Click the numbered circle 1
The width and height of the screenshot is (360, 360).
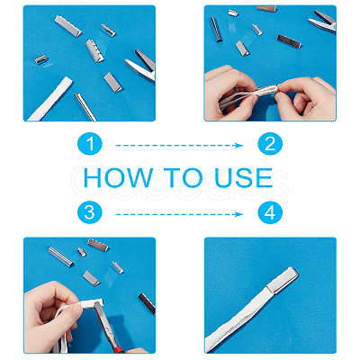pos(90,144)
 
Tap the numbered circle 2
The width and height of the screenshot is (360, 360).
pos(270,144)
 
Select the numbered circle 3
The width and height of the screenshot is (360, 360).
pos(90,212)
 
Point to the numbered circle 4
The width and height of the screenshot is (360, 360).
pos(270,212)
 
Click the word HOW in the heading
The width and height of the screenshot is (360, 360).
pos(118,177)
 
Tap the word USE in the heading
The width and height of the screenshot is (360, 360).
pos(244,177)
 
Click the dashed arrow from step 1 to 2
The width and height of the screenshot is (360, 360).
pos(179,146)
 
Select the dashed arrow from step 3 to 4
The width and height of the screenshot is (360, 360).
pos(179,214)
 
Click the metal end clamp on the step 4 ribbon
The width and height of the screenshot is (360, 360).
pos(283,280)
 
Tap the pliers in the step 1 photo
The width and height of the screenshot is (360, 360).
pos(141,67)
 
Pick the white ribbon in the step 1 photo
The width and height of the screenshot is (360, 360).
pos(50,99)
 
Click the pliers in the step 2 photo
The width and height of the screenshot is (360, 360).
pos(322,22)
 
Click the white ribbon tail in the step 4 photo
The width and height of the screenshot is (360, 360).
pos(237,319)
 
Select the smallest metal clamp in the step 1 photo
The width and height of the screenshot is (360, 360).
pos(41,59)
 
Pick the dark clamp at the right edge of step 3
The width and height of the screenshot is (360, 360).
pos(147,303)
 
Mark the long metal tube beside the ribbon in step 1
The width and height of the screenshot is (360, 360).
pos(85,107)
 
